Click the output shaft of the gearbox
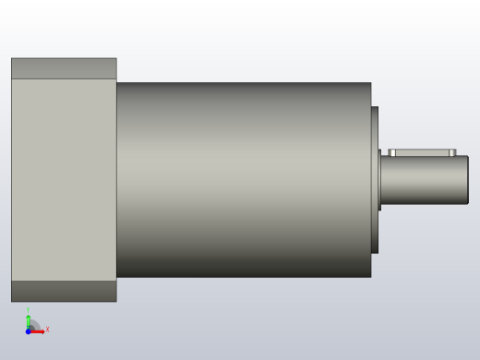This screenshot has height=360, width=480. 425,180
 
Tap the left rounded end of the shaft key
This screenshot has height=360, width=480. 391,152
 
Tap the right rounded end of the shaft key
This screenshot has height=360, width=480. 453,152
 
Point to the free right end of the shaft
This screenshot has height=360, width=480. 467,180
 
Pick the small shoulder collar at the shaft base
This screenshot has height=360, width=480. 379,180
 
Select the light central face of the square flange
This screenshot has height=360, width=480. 63,180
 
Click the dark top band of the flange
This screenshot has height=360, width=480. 63,68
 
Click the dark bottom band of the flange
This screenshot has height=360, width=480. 63,291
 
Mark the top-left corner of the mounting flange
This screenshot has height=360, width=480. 12,59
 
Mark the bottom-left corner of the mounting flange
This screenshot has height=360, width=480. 12,301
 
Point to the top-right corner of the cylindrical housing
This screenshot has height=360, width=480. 370,84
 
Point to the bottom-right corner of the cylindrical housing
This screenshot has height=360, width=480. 370,276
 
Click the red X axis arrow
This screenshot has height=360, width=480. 39,330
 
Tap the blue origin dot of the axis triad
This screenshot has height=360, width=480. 29,330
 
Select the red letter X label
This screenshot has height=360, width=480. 47,330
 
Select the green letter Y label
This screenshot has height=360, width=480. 28,311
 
